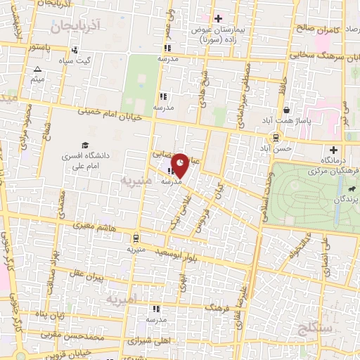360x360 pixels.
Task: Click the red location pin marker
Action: tap(180, 165)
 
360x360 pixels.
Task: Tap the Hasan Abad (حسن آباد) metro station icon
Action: tap(275, 137)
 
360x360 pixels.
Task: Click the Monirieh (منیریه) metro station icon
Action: tap(136, 238)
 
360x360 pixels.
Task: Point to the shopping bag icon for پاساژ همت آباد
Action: tap(287, 110)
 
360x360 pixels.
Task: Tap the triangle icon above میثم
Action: tap(38, 69)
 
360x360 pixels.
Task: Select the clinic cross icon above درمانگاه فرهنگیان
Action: tap(334, 149)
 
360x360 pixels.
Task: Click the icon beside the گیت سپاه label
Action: tap(75, 50)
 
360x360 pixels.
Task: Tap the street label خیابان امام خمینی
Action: tap(113, 112)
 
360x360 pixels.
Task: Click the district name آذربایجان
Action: tap(77, 25)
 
